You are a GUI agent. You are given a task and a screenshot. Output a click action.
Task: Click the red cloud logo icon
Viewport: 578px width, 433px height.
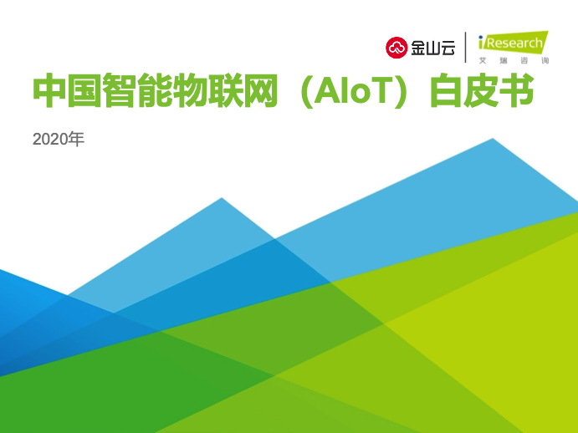[396, 48]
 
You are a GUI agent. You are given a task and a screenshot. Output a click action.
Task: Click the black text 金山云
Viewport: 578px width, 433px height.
[432, 48]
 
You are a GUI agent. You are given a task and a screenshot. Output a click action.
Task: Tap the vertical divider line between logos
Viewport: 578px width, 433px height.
[466, 47]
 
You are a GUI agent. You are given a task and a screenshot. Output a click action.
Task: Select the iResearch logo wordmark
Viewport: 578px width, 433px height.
[513, 43]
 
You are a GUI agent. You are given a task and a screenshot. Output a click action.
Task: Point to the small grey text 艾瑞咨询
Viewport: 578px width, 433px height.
[514, 60]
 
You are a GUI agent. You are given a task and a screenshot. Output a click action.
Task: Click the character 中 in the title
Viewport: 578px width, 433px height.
[49, 90]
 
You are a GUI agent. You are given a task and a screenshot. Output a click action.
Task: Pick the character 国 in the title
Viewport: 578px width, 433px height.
[84, 90]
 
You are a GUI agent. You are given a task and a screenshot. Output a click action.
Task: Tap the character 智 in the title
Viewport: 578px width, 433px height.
[119, 90]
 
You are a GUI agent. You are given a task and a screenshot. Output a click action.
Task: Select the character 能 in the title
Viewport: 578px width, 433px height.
[154, 90]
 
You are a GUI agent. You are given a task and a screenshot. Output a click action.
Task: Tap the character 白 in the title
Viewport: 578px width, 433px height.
[446, 90]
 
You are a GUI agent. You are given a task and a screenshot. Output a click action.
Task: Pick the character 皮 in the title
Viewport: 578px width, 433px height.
[481, 90]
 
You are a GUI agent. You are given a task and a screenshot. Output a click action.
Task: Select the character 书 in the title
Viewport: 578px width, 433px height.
[516, 90]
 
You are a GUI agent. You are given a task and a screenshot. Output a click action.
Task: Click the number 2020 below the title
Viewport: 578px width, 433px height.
[50, 140]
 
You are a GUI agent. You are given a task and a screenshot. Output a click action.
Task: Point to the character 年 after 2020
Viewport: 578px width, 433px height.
[76, 139]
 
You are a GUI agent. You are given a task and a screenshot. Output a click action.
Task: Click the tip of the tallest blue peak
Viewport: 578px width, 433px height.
[493, 139]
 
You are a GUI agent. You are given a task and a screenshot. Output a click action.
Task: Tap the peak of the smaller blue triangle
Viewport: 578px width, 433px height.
[222, 198]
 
